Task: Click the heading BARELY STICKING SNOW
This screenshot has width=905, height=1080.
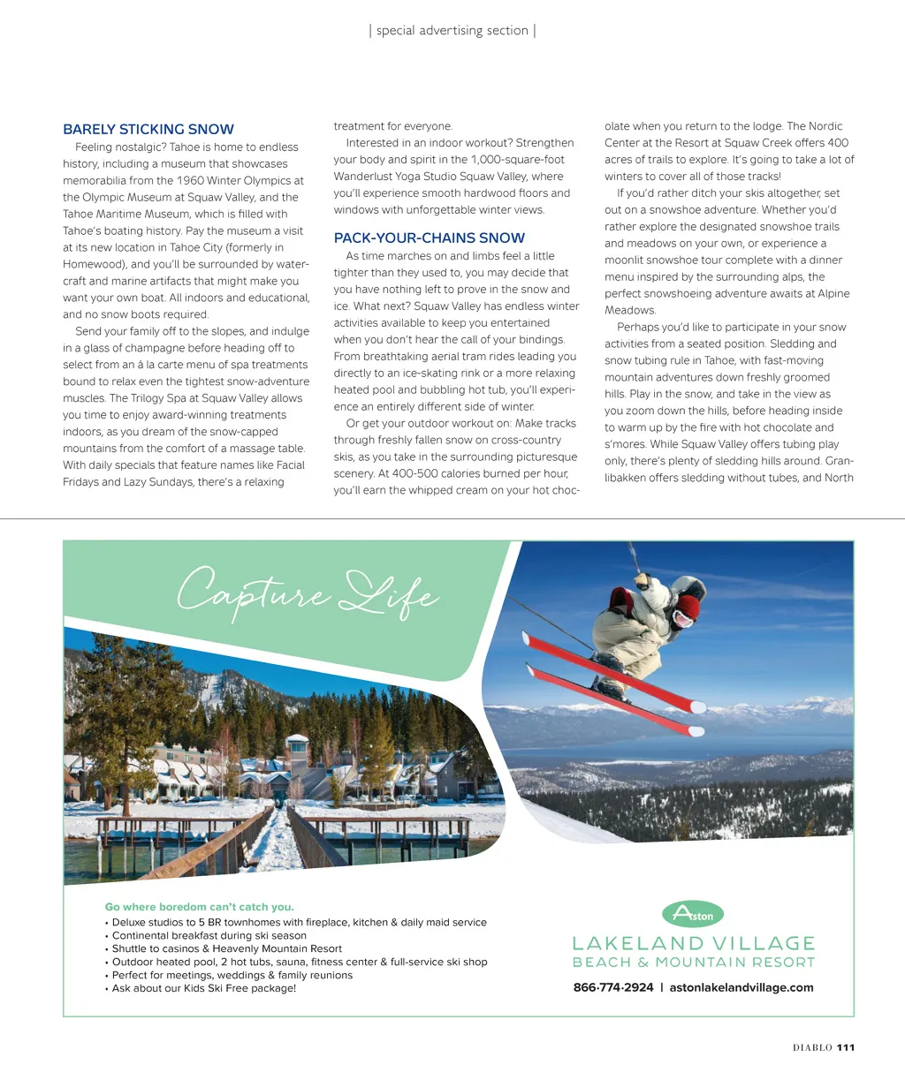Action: point(148,129)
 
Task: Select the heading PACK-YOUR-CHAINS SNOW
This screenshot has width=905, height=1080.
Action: point(430,238)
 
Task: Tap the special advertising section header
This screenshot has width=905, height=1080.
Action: point(452,31)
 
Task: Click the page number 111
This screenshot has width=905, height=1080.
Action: point(846,1048)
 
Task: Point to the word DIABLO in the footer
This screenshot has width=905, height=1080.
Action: point(812,1048)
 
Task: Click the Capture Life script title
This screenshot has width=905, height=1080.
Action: point(307,594)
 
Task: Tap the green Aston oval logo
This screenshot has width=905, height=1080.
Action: point(693,914)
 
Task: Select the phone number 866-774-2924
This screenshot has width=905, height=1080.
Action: point(613,987)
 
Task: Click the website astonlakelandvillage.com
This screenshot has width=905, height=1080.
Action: point(741,987)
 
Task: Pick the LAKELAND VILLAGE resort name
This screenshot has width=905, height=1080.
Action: point(694,944)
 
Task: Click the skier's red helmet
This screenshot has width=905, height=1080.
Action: point(688,608)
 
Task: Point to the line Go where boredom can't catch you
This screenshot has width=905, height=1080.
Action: point(199,907)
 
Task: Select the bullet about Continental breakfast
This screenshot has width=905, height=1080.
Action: point(209,935)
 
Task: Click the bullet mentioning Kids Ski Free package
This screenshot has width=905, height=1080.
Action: point(204,988)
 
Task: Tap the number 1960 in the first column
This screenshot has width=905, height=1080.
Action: point(190,181)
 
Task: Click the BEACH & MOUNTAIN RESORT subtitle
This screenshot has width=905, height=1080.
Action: point(694,963)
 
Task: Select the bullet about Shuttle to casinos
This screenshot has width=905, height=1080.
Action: point(226,948)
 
